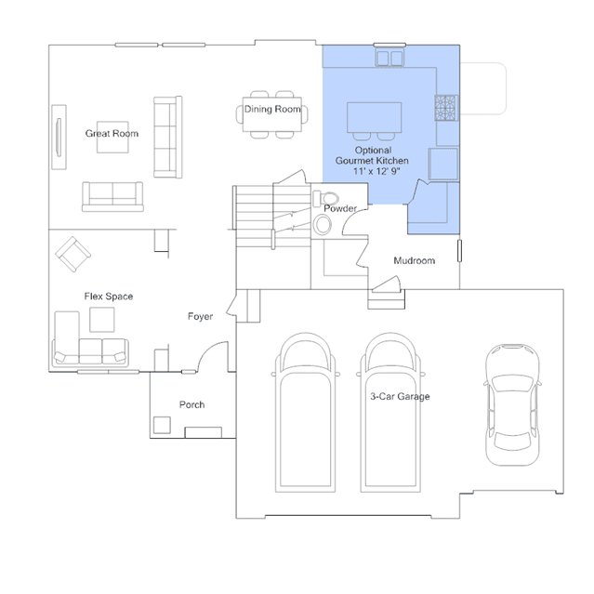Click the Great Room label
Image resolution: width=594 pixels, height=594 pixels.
(112, 133)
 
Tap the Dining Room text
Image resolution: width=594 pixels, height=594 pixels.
(272, 109)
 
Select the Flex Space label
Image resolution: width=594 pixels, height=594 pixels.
(109, 297)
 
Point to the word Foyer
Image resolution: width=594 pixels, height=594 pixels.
(201, 316)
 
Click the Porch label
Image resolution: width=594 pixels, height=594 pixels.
(192, 404)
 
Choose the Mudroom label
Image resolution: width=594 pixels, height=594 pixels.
(415, 260)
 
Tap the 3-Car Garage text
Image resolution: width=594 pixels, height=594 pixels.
(400, 396)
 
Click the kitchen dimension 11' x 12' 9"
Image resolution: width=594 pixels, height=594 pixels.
(376, 171)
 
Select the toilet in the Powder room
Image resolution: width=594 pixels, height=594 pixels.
(325, 199)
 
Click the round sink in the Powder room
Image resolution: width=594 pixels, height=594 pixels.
(323, 225)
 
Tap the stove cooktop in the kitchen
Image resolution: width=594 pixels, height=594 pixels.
(446, 108)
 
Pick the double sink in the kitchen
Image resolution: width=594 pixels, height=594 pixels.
(389, 59)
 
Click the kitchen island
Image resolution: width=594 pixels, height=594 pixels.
(375, 117)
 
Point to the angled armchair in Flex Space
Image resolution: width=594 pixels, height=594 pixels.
(73, 254)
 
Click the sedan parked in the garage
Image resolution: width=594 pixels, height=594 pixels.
(512, 404)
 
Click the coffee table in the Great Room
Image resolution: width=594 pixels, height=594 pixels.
(112, 138)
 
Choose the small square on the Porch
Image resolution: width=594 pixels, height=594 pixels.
(162, 425)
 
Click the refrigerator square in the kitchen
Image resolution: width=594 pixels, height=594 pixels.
(443, 164)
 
